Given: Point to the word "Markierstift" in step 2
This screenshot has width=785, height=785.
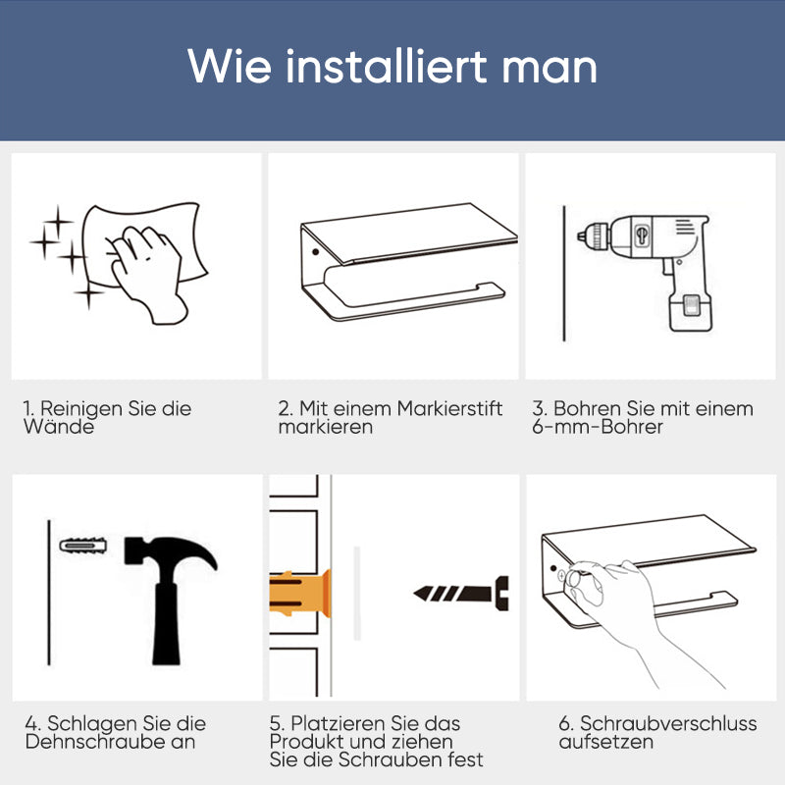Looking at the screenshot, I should (x=449, y=408).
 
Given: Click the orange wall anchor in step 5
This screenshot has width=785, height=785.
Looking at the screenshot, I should (x=300, y=593).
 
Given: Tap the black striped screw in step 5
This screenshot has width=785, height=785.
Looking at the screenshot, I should (x=461, y=592).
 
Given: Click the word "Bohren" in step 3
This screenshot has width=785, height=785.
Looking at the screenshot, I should (x=587, y=408).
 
